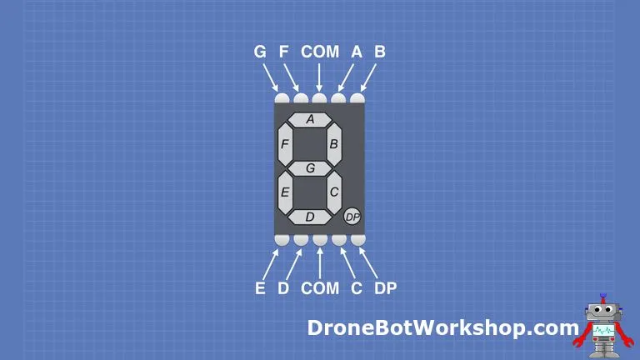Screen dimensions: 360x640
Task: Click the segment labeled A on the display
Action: tap(310, 120)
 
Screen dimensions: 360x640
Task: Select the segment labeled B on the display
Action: tap(334, 144)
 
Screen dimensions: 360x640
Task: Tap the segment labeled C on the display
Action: tap(334, 192)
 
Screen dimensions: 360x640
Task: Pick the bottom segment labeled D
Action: tap(310, 217)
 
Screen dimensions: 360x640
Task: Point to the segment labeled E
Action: tap(285, 192)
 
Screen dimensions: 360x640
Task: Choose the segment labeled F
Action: tap(285, 144)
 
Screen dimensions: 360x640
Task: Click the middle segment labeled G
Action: tap(310, 168)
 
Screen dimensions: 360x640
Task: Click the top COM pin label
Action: tap(320, 52)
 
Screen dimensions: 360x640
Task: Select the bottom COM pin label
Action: tap(320, 288)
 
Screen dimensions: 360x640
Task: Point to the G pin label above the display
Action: tap(260, 52)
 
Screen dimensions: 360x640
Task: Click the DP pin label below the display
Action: tap(385, 288)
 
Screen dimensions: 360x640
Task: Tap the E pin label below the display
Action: tap(260, 288)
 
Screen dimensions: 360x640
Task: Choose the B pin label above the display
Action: tap(380, 52)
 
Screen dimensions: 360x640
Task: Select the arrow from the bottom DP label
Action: tap(369, 262)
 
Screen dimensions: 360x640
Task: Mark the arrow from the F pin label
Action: tap(292, 77)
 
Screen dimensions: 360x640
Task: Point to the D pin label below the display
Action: tap(283, 288)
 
